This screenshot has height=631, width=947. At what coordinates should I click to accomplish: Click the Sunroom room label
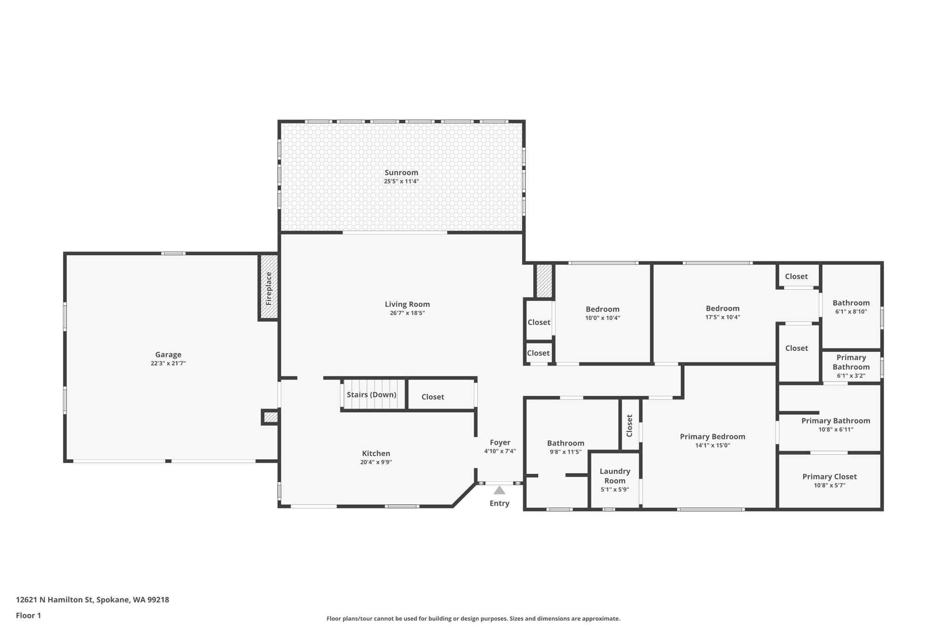coord(401,172)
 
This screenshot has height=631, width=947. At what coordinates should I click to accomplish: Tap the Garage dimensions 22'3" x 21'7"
coord(168,363)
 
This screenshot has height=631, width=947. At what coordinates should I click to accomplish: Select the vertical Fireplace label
coord(269,288)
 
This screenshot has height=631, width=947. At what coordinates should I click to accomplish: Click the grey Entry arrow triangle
coord(499,490)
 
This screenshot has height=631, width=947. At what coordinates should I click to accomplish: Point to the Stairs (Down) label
coord(371,394)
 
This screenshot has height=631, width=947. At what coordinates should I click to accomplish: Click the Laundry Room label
coord(615,476)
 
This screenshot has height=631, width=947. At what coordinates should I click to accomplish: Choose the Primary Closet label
coord(830,477)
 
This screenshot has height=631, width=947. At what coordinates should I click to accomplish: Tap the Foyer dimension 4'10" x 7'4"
coord(500,451)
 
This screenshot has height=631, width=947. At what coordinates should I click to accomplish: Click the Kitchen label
coord(376,453)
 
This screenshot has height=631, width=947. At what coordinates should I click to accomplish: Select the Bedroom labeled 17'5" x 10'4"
coord(722,308)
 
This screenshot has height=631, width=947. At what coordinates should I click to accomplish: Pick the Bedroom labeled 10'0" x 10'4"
coord(602,309)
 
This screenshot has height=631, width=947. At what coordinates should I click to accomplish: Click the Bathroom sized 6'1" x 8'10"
coord(851,303)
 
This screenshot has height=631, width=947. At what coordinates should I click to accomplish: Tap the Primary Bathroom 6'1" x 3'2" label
coord(851,362)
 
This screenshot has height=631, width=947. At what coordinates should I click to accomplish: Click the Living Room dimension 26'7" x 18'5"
coord(407,313)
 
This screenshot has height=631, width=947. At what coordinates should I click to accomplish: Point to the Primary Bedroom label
coord(712,436)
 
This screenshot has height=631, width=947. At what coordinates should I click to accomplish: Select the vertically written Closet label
coord(629,425)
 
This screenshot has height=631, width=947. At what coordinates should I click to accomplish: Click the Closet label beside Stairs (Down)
coord(432,397)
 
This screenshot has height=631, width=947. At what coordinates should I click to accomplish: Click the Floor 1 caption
coord(28,615)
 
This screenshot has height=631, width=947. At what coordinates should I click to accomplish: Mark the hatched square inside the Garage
coord(271,417)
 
